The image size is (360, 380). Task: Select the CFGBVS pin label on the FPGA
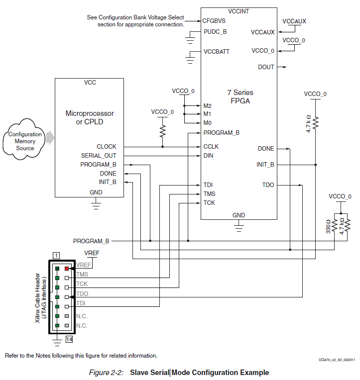click(214, 21)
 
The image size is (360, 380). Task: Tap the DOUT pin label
click(266, 67)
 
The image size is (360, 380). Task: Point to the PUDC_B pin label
click(215, 32)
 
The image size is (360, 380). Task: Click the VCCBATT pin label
click(217, 52)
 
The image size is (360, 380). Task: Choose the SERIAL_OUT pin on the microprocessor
click(99, 156)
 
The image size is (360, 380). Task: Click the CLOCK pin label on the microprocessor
click(106, 147)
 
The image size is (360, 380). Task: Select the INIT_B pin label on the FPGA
click(265, 164)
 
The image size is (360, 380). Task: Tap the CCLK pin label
click(211, 147)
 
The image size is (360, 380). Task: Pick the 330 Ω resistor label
click(328, 227)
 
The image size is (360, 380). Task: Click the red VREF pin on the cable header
click(67, 268)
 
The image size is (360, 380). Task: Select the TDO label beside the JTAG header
click(82, 294)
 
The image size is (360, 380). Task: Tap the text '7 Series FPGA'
click(240, 96)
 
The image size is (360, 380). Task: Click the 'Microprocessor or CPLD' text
click(90, 117)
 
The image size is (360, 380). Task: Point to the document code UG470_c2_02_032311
click(337, 360)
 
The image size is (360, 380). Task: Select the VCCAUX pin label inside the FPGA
click(262, 32)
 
